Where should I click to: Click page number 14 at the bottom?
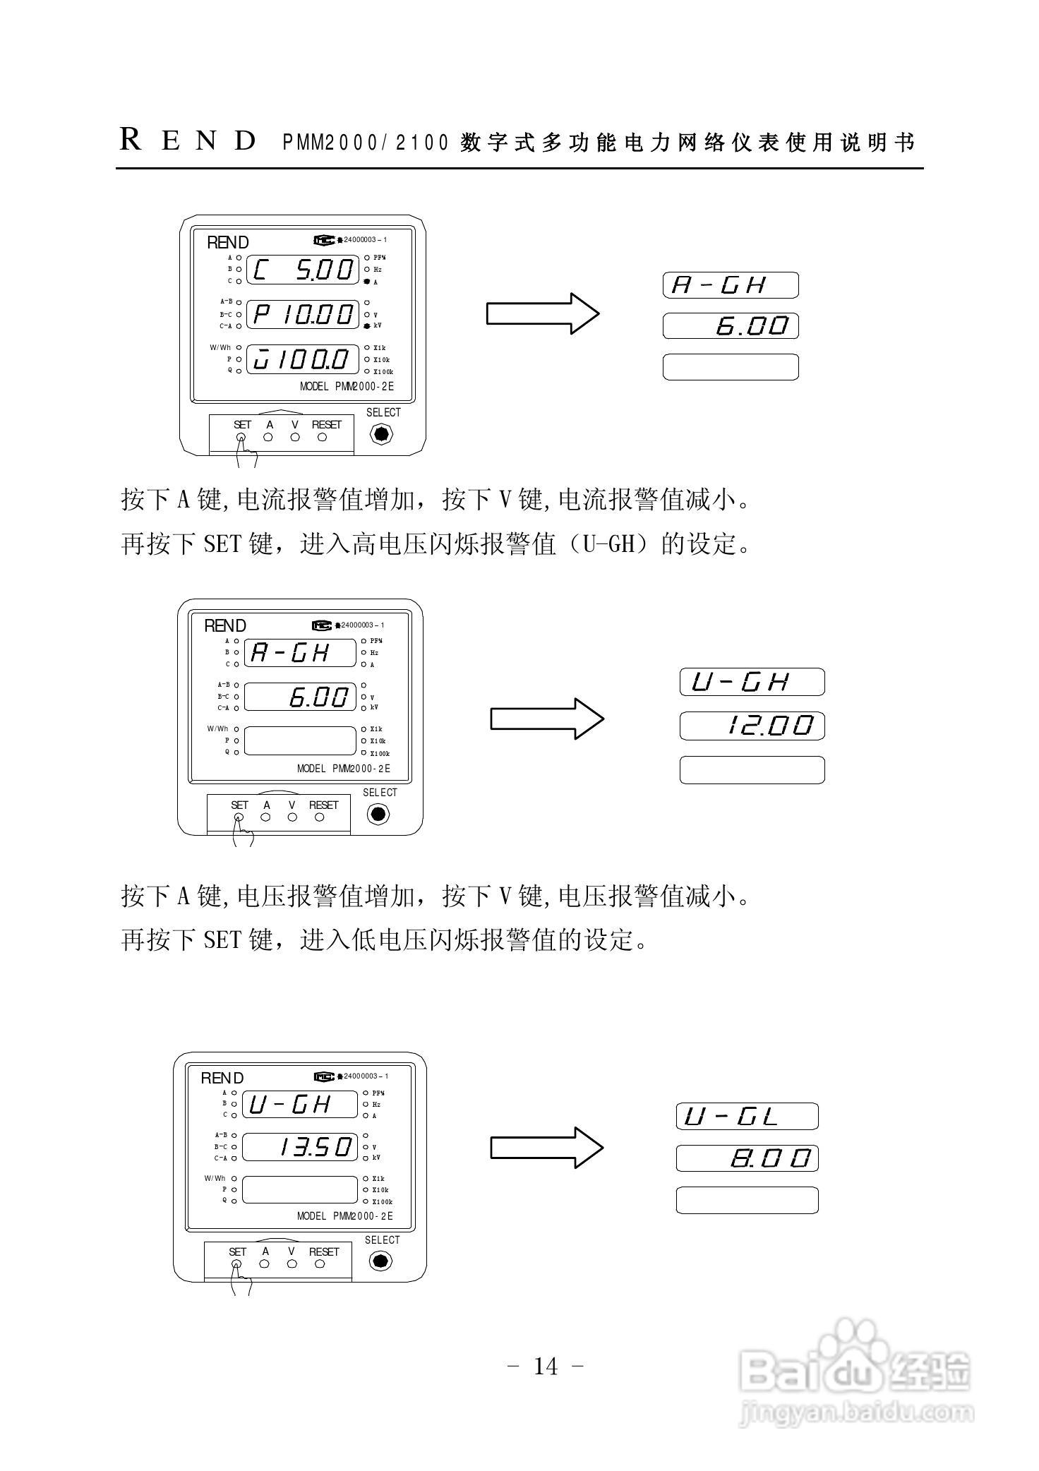pos(546,1367)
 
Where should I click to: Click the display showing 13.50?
pos(300,1147)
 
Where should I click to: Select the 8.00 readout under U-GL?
pos(747,1158)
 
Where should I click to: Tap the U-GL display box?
pos(747,1116)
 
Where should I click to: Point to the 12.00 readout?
pos(752,726)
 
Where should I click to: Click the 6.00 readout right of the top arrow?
pos(731,326)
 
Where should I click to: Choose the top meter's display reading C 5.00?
pos(304,270)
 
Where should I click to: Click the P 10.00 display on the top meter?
pos(304,314)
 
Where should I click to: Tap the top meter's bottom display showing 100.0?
pos(304,360)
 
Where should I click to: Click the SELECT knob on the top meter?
pos(381,433)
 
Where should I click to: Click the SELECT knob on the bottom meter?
pos(380,1261)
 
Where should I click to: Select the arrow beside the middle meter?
pos(547,719)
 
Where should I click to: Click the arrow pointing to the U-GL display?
pos(547,1147)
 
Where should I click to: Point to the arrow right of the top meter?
pos(542,313)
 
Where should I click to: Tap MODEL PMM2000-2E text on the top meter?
pos(347,387)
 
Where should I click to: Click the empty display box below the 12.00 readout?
pos(752,769)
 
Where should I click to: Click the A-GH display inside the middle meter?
pos(300,653)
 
